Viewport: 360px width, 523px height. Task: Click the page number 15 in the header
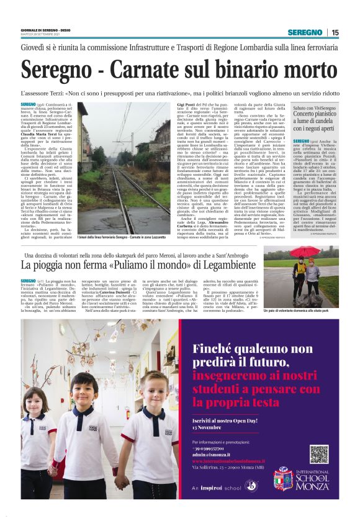click(335, 32)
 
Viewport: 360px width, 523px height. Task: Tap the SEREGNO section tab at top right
click(305, 32)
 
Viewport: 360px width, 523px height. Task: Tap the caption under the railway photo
click(124, 237)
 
